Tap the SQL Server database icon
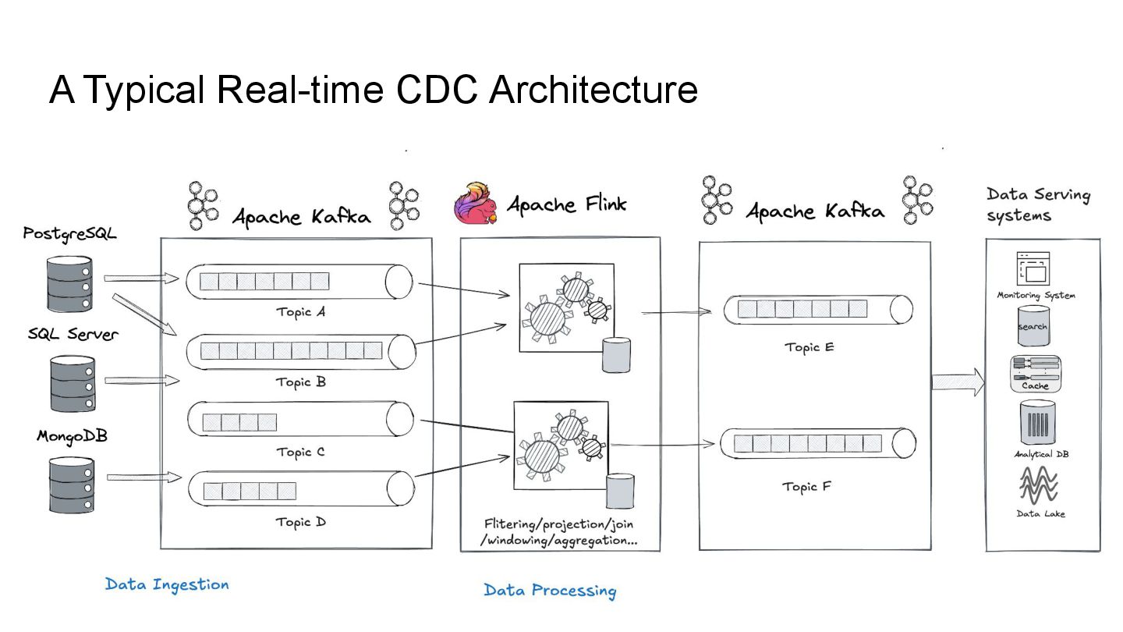click(x=72, y=383)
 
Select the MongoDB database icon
click(x=71, y=485)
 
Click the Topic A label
click(x=300, y=312)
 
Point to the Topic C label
click(x=300, y=452)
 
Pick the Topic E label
click(x=809, y=347)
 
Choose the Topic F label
click(x=807, y=487)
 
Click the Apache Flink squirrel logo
click(x=476, y=204)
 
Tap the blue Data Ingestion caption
click(x=167, y=584)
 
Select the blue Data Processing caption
click(x=550, y=591)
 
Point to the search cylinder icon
click(x=1033, y=326)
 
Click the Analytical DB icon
click(x=1037, y=424)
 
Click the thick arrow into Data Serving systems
click(x=958, y=382)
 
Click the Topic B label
click(x=300, y=382)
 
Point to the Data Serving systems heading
click(x=1037, y=204)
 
